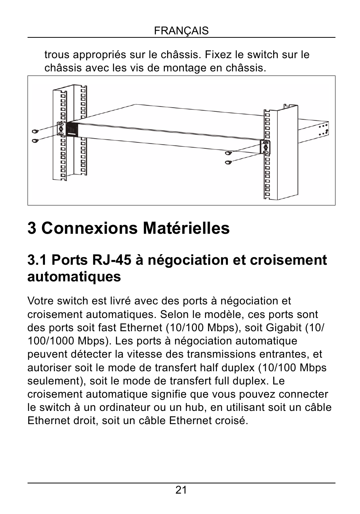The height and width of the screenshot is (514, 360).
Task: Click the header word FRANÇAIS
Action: tap(181, 31)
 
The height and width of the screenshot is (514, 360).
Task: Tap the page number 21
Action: tap(181, 490)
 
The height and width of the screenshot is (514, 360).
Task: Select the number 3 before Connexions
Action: tap(32, 228)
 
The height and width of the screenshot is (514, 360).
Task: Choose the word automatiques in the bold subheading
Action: tap(74, 277)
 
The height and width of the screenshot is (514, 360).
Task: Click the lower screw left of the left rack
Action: tap(35, 140)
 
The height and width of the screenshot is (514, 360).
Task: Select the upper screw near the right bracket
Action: tap(228, 153)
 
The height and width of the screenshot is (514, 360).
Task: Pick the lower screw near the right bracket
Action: tap(228, 162)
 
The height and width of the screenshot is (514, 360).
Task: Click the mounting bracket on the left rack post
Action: tap(61, 128)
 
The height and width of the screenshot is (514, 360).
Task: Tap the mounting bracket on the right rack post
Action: tap(266, 147)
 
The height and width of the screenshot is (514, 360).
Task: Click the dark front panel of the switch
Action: tap(72, 130)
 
